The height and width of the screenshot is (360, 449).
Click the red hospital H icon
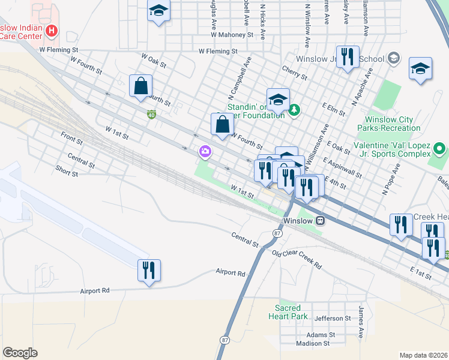click(52, 30)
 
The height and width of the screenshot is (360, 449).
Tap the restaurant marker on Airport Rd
click(149, 269)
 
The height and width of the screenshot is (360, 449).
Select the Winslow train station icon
click(321, 220)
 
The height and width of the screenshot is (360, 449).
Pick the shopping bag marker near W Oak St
click(140, 85)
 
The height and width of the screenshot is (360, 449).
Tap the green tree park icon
click(294, 109)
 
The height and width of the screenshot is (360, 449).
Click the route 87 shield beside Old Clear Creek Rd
click(277, 232)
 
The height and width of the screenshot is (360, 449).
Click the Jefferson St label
click(332, 318)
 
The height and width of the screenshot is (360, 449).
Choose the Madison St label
click(313, 344)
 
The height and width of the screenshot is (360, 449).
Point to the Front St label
click(71, 138)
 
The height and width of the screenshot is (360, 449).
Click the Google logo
click(20, 353)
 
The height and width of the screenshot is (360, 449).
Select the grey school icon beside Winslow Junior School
click(394, 58)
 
